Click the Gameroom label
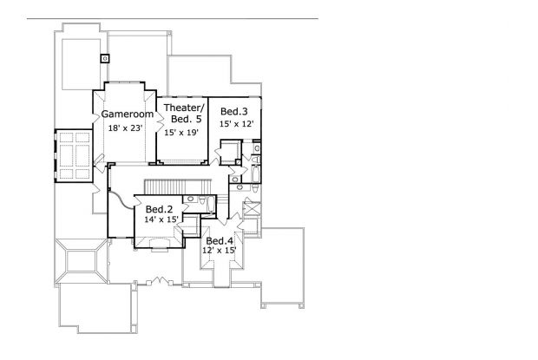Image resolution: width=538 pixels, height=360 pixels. [x=128, y=115]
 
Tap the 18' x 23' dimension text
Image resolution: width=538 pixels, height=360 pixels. [x=125, y=128]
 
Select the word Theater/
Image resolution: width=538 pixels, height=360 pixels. [x=184, y=108]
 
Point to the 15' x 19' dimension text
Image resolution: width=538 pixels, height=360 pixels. [x=181, y=133]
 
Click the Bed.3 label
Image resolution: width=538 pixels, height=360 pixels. [x=234, y=111]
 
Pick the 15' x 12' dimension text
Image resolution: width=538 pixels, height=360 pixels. [x=236, y=124]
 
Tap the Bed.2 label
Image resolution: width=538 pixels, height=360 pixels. [x=159, y=209]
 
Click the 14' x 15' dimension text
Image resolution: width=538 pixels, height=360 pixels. [x=161, y=219]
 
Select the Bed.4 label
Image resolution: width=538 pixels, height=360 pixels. [x=220, y=241]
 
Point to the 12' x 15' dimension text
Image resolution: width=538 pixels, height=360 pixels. [x=220, y=251]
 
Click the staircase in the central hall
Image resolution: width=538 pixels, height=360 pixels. [x=177, y=187]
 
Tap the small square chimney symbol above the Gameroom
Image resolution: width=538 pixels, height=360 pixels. [x=105, y=59]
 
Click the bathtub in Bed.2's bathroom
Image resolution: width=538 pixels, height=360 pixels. [x=211, y=205]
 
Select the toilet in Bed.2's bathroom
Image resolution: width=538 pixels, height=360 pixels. [x=202, y=200]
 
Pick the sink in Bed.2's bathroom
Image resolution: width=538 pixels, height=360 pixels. [x=190, y=199]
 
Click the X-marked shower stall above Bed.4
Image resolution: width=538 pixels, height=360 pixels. [x=252, y=209]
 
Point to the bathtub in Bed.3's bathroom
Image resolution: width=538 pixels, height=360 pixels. [x=257, y=173]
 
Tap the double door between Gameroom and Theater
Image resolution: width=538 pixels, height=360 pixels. [x=161, y=122]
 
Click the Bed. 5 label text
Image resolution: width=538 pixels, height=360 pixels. [x=186, y=119]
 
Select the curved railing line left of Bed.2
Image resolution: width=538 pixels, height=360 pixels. [x=121, y=200]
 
